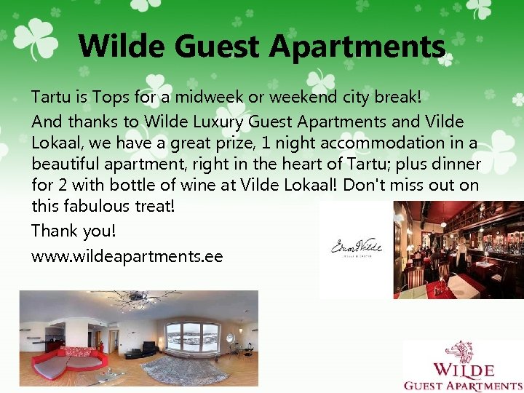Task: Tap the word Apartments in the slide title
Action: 357,47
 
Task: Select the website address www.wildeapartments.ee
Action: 127,256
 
